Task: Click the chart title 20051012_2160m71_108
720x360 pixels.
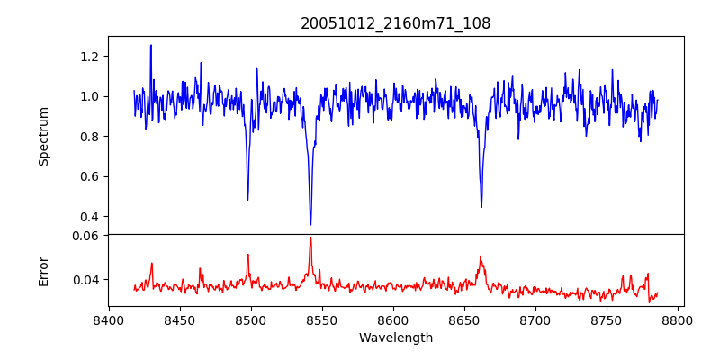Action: pyautogui.click(x=396, y=23)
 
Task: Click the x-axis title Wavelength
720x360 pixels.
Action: pyautogui.click(x=396, y=338)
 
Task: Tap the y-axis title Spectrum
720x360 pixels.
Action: pyautogui.click(x=44, y=136)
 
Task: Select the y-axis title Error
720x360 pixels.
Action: pyautogui.click(x=44, y=271)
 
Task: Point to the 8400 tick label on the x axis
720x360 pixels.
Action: pyautogui.click(x=109, y=319)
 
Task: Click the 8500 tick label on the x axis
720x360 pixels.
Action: pyautogui.click(x=251, y=319)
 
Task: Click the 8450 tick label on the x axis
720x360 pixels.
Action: pyautogui.click(x=180, y=319)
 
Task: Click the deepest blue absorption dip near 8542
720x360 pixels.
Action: pyautogui.click(x=310, y=224)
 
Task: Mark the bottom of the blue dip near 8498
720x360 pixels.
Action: pyautogui.click(x=247, y=199)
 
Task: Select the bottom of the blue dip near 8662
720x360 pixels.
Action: pyautogui.click(x=481, y=207)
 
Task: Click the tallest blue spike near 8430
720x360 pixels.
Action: pyautogui.click(x=151, y=45)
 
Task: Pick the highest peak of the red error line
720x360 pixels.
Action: pyautogui.click(x=310, y=238)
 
